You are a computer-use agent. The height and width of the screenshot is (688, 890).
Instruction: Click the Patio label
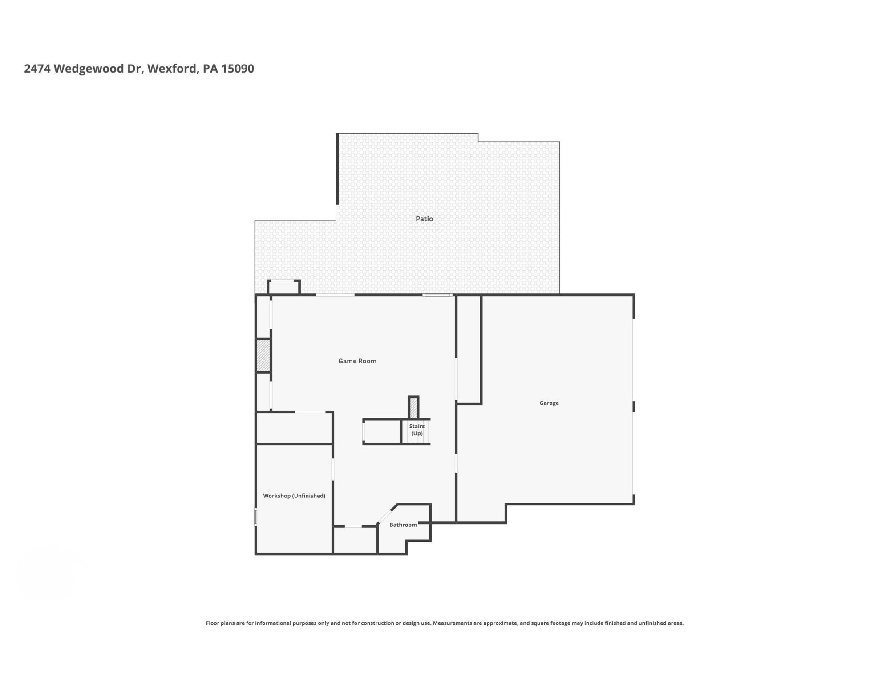click(x=424, y=219)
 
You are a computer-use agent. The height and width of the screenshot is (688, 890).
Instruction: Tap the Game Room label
click(x=357, y=361)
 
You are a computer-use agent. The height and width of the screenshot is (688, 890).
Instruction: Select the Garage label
click(x=549, y=403)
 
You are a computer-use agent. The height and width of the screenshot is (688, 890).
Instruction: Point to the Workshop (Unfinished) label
click(x=294, y=496)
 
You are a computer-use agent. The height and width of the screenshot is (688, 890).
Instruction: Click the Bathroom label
click(x=403, y=525)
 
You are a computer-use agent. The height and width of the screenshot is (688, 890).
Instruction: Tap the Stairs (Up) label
click(x=417, y=430)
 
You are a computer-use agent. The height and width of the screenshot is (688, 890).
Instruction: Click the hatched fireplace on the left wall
click(x=263, y=355)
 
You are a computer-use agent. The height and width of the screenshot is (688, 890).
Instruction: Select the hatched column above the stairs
click(x=413, y=407)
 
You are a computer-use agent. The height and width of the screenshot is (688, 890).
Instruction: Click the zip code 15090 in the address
click(x=238, y=69)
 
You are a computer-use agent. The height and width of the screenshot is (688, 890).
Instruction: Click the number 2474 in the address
click(x=37, y=69)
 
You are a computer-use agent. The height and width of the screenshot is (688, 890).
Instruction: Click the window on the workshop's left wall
click(x=256, y=517)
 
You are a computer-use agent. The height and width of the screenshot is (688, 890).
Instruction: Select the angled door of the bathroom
click(x=386, y=514)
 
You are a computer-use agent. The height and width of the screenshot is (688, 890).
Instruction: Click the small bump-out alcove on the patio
click(x=284, y=287)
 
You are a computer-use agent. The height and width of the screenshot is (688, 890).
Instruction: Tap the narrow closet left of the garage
click(x=469, y=350)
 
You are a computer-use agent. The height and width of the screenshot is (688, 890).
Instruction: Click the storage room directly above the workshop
click(x=294, y=428)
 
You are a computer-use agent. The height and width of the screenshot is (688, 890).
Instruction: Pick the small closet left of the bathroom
click(x=355, y=540)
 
